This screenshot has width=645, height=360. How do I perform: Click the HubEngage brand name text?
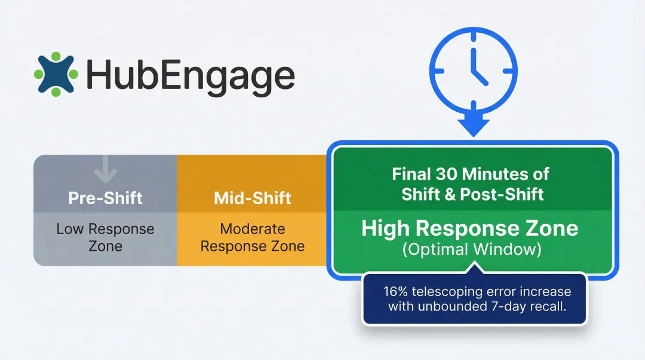click(x=190, y=76)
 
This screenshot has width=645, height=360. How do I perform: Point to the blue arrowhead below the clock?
click(x=474, y=126)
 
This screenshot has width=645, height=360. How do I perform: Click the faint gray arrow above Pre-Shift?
click(x=106, y=170)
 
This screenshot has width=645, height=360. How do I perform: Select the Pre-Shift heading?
click(x=105, y=198)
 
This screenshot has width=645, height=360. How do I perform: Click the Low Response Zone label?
click(x=105, y=237)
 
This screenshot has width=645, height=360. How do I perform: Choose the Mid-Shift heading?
click(x=252, y=198)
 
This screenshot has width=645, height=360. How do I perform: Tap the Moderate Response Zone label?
click(x=252, y=237)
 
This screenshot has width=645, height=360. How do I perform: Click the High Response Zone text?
click(x=469, y=229)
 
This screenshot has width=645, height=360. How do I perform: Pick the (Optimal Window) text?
click(x=471, y=250)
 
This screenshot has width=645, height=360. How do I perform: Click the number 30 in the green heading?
click(x=446, y=175)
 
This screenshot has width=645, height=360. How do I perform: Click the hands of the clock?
click(x=477, y=67)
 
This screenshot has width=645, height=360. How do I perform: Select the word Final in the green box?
click(x=412, y=175)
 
